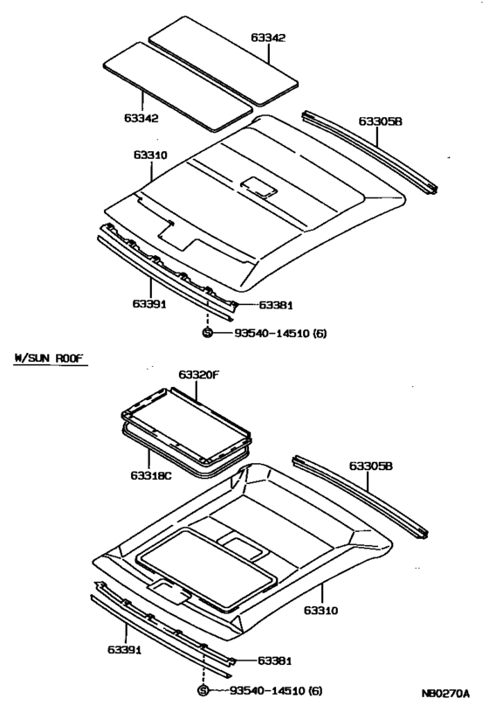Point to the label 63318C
[x=152, y=475]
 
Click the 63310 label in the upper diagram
[x=149, y=155]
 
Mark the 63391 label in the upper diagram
[x=149, y=303]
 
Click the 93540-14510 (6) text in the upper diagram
[x=279, y=334]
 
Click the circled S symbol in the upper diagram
[x=208, y=333]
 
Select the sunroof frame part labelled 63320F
[x=185, y=420]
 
